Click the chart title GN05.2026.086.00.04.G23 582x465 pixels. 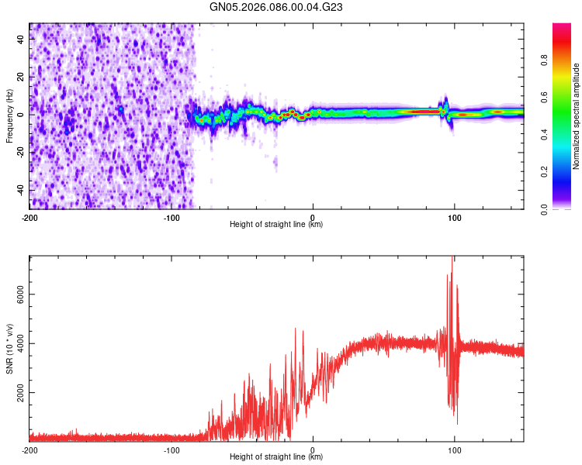coord(277,7)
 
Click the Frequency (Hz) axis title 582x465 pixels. coord(9,116)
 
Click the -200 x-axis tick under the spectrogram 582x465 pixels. coord(29,217)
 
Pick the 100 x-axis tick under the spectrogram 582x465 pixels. coord(455,217)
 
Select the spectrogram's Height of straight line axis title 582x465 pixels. coord(276,225)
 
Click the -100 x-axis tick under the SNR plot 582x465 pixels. coord(171,449)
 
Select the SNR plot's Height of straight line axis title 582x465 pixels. coord(276,457)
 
